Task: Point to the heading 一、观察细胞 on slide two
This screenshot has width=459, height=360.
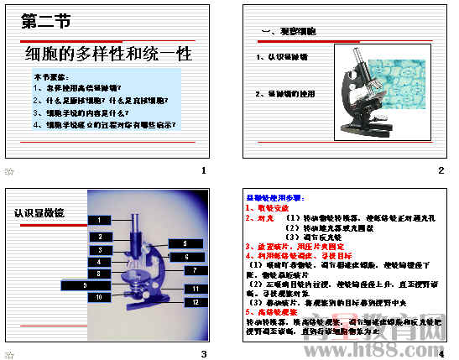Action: (289, 32)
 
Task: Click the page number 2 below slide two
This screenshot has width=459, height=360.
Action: (441, 171)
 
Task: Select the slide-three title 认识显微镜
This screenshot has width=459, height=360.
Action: (39, 213)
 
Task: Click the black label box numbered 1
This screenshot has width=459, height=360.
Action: (99, 220)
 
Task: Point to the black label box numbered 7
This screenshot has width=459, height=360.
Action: (196, 270)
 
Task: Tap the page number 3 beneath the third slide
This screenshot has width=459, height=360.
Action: (203, 352)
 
